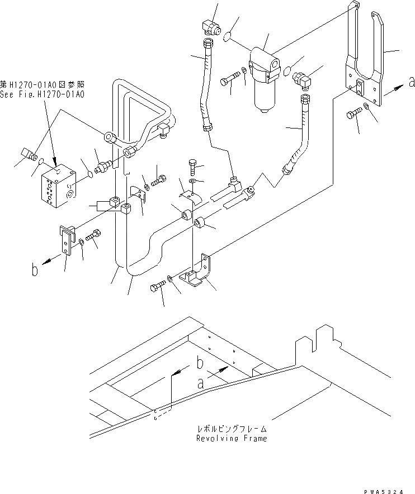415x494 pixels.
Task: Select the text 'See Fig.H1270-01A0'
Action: point(43,96)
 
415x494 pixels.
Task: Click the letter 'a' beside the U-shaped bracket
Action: point(412,82)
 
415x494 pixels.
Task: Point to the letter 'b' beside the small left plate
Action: point(35,271)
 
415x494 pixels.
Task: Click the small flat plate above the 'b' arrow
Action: point(66,238)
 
